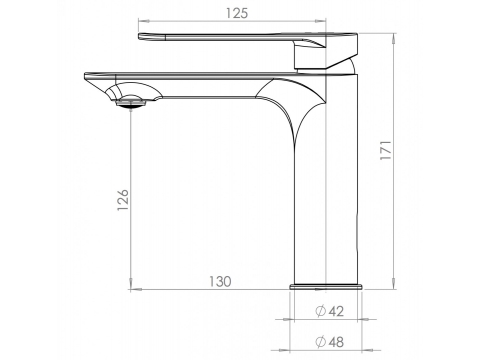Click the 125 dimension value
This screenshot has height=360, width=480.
tap(237, 13)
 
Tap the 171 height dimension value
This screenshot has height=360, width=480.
tap(386, 150)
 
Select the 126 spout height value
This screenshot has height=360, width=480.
tap(123, 200)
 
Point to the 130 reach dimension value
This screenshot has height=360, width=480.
tap(220, 282)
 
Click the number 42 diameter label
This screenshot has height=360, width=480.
tap(336, 311)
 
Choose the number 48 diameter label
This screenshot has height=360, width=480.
tap(336, 342)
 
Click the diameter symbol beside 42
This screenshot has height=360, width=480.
tap(321, 311)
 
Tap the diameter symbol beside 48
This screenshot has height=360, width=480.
tap(321, 342)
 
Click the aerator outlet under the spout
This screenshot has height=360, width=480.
tap(131, 101)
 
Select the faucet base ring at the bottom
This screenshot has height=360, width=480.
tap(326, 286)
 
